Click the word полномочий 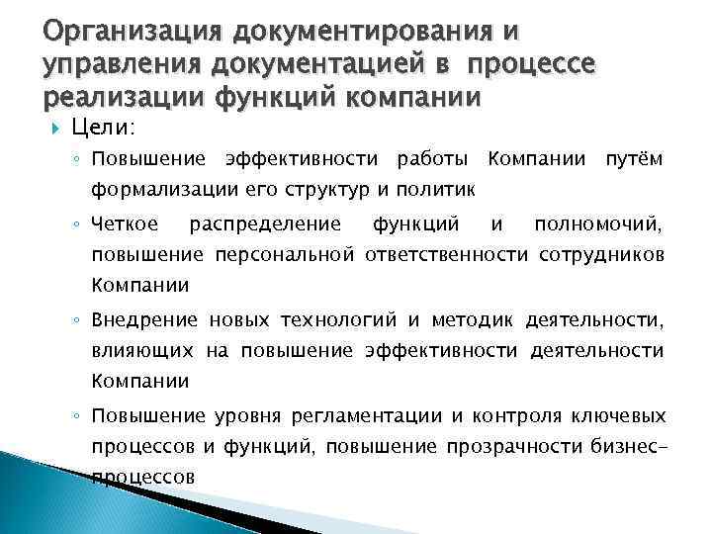tap(599, 226)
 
